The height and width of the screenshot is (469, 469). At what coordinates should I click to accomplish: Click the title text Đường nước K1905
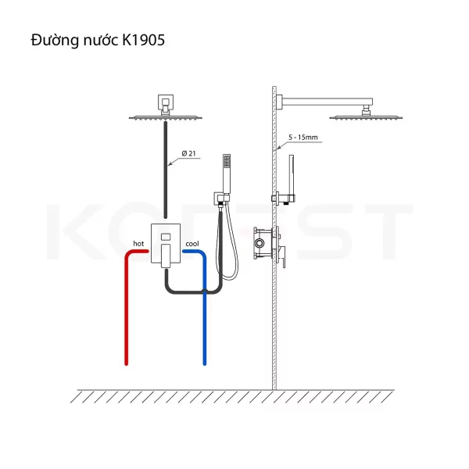98,41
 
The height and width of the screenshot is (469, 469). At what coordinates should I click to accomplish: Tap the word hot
138,244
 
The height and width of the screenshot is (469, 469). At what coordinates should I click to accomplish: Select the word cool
192,244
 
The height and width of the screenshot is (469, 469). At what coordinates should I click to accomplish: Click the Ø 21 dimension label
188,153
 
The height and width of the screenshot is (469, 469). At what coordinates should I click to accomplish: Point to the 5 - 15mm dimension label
303,138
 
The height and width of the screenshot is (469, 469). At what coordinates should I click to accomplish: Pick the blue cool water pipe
205,308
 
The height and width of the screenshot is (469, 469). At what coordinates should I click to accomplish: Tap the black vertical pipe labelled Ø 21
166,170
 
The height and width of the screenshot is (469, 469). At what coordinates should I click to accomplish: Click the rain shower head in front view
166,117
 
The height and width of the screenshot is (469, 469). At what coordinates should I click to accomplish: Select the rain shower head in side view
366,117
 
